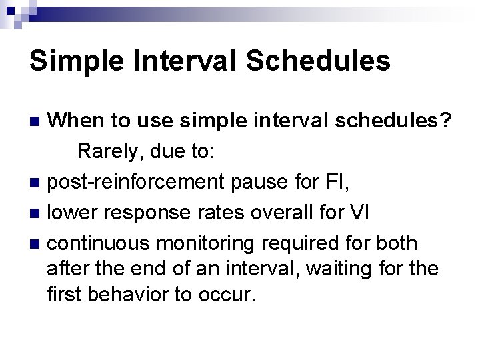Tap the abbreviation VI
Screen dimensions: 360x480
pyautogui.click(x=359, y=213)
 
